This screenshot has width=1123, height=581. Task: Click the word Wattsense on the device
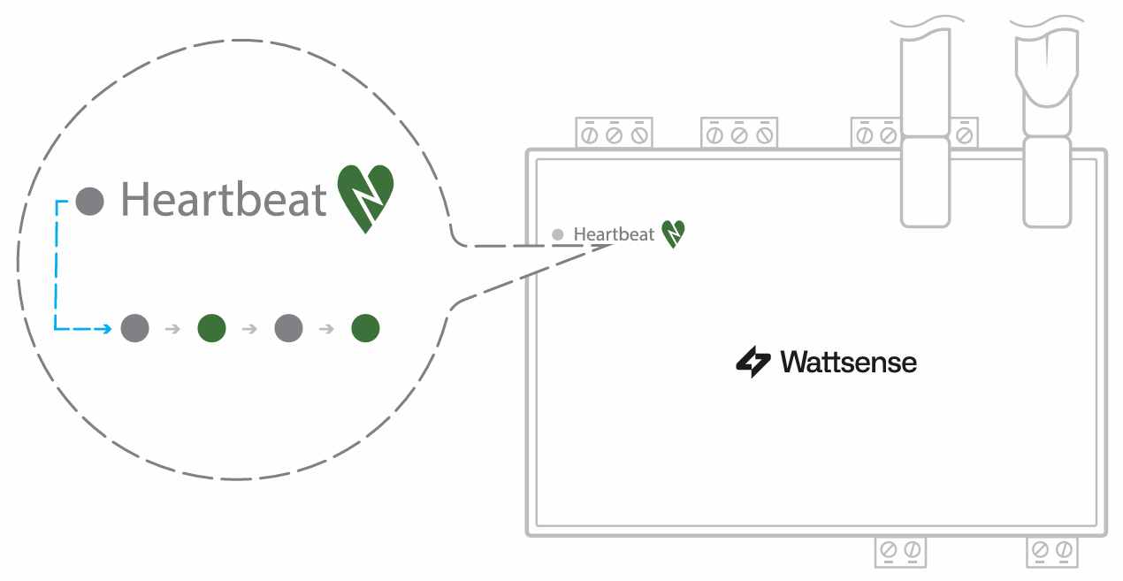[848, 362]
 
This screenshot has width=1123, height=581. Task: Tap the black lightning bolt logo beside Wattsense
[753, 362]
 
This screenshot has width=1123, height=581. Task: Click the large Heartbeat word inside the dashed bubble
[224, 199]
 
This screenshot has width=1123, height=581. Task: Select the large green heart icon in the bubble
[365, 198]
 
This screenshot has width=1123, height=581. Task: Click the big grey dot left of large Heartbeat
[89, 202]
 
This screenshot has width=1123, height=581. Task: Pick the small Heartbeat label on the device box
[614, 234]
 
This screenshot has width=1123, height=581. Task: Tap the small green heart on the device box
[673, 233]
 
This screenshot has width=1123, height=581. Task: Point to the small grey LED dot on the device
[557, 234]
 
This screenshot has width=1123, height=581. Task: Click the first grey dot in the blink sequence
[135, 328]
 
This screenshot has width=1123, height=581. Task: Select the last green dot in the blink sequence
[365, 328]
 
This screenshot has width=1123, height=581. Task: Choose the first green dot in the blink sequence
[211, 328]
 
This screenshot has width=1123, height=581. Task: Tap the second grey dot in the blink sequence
[289, 328]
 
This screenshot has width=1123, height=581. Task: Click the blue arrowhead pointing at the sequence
[107, 329]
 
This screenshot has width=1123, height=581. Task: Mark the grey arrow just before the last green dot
[327, 329]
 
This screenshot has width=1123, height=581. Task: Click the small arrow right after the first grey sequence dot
[173, 329]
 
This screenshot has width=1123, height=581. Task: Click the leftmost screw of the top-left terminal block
[590, 135]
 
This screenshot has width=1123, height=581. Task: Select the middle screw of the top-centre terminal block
[739, 135]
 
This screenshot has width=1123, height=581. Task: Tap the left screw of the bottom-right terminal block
[1040, 550]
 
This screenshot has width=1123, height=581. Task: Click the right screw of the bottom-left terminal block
[913, 550]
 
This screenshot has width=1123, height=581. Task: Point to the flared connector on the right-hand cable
[1047, 70]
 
